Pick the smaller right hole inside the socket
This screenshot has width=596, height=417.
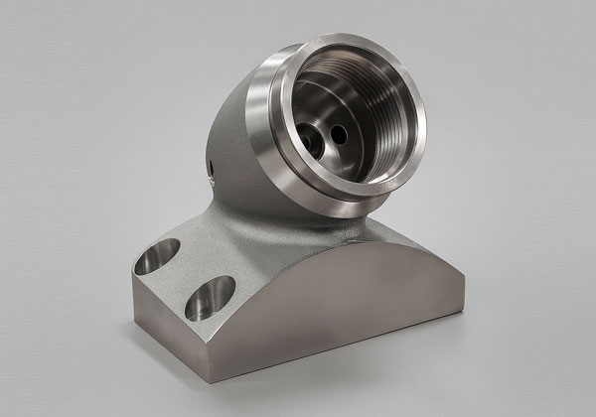coord(338,129)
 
